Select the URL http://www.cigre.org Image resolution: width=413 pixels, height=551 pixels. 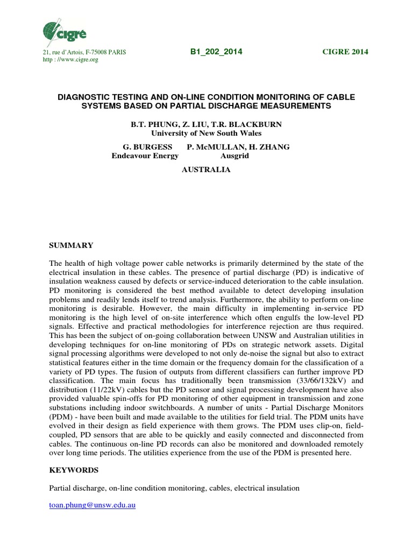[70, 60]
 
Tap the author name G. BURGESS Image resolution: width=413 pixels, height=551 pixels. [148, 147]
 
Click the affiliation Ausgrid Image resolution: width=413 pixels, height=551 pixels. [234, 156]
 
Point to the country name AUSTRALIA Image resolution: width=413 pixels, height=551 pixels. [206, 169]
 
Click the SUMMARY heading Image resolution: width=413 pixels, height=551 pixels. [71, 245]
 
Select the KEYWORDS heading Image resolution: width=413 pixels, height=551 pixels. [74, 470]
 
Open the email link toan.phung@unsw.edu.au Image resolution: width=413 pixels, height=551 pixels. [92, 506]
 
